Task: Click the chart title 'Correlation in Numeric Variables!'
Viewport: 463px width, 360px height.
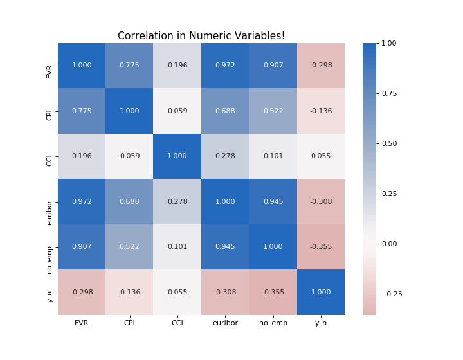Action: [x=201, y=36]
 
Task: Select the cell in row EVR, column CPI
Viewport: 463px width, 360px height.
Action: [x=129, y=66]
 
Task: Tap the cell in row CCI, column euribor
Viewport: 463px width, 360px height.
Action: [x=225, y=156]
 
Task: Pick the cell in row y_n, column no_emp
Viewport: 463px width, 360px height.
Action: [x=273, y=292]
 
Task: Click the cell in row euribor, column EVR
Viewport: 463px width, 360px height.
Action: [x=82, y=202]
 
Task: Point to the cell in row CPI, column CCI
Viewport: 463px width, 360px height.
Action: [x=177, y=111]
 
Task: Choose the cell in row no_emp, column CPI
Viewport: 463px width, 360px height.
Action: [x=129, y=247]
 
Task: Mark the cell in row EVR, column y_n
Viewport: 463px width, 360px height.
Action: [x=321, y=66]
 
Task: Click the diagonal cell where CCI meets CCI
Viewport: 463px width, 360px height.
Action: [x=177, y=156]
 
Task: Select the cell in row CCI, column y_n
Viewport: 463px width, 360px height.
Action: [x=321, y=156]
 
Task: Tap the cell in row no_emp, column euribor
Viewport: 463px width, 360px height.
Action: [x=225, y=247]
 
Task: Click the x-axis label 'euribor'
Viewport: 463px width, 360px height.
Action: [x=225, y=323]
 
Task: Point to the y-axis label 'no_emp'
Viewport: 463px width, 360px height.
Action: [x=50, y=247]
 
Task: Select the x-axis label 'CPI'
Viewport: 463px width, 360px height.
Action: [x=129, y=323]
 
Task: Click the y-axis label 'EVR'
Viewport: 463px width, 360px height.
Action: [x=50, y=66]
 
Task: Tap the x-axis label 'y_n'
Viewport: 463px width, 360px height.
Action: [x=321, y=323]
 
